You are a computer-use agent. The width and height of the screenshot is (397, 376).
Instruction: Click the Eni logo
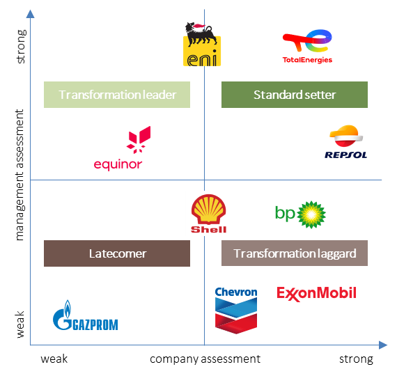(x=202, y=45)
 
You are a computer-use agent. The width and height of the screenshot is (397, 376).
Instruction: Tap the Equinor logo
(x=122, y=148)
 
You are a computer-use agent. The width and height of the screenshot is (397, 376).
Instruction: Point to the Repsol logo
(x=346, y=142)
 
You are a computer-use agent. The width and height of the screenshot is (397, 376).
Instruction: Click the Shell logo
(x=208, y=214)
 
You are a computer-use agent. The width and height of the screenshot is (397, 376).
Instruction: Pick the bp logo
(x=300, y=214)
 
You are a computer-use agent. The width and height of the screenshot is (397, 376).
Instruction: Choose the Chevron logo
(x=236, y=311)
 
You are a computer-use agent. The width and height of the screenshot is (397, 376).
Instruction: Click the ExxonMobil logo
(x=316, y=294)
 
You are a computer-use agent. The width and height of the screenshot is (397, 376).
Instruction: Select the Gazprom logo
(x=86, y=315)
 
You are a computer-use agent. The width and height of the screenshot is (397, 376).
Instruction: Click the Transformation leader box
(x=117, y=95)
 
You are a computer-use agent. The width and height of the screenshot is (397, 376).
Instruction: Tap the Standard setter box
(x=295, y=95)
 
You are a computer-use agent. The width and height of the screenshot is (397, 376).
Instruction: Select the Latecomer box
(x=117, y=253)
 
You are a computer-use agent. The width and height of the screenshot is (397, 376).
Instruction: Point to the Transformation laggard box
(x=295, y=253)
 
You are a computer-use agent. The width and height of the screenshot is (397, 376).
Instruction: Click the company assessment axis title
(x=205, y=359)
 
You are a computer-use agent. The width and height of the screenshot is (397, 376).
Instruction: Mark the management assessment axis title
(x=20, y=175)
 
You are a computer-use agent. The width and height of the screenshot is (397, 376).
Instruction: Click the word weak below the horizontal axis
(x=54, y=359)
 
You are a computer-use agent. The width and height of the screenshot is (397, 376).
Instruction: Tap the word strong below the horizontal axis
(x=356, y=359)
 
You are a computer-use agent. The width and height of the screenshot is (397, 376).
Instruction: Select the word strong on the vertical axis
(x=21, y=47)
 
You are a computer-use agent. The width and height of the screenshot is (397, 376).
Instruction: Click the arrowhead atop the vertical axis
(x=31, y=14)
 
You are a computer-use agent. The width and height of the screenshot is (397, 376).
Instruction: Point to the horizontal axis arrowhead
(x=383, y=345)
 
